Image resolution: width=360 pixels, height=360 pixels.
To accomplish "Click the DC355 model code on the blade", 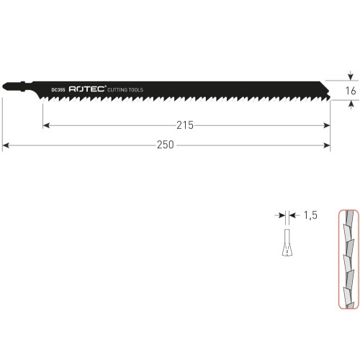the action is click(x=58, y=90).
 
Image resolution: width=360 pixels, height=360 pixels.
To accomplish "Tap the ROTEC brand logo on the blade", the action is click(x=87, y=89).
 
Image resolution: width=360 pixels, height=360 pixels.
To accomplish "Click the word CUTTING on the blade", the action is click(x=117, y=90).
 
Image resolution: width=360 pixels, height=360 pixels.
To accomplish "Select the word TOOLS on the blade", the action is click(x=136, y=90).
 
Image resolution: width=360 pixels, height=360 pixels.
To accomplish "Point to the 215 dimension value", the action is click(x=185, y=125).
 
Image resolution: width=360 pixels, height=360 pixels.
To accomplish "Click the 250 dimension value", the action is click(x=166, y=145).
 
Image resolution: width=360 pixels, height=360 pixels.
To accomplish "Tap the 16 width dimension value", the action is click(x=351, y=91).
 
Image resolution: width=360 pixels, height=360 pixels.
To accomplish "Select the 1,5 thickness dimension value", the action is click(x=310, y=215).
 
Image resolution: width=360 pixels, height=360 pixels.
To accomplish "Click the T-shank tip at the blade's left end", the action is click(x=4, y=86).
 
